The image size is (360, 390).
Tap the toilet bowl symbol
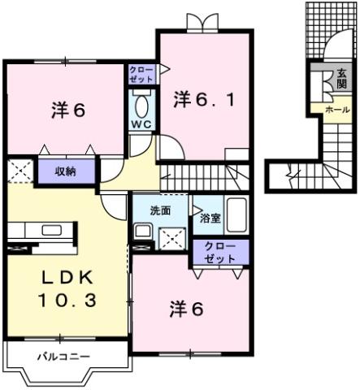click(141, 105)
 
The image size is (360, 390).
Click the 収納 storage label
click(67, 171)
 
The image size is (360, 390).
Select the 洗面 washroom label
click(159, 210)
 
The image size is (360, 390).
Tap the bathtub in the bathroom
click(237, 216)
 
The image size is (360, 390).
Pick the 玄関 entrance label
click(341, 80)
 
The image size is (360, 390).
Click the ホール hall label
click(336, 109)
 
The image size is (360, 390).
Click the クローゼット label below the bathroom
click(219, 252)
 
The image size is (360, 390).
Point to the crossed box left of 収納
click(18, 171)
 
